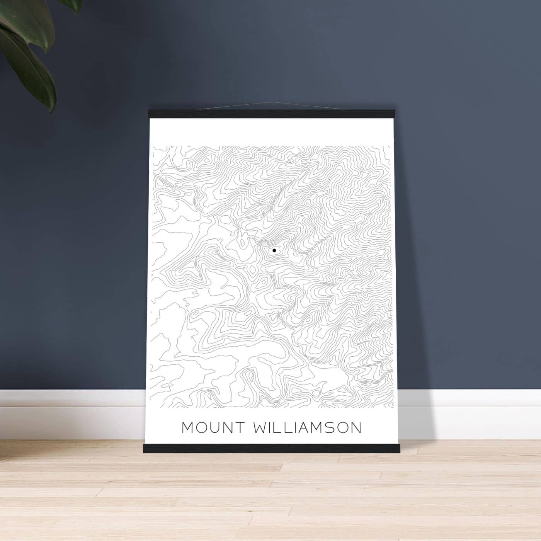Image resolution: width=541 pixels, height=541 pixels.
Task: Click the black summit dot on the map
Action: [274, 250]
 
